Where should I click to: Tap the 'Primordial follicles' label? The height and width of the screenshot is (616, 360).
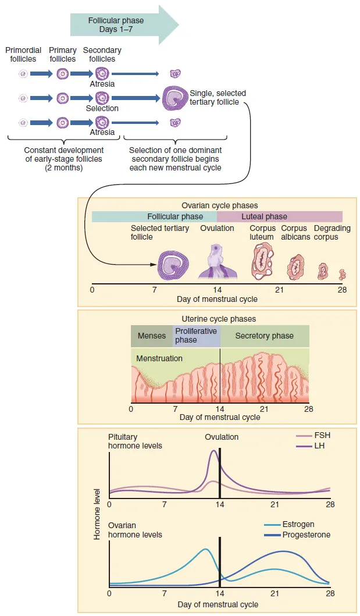[23, 55]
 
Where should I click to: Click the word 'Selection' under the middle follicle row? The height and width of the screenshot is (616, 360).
[102, 108]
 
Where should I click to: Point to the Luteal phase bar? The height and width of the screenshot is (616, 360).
[279, 216]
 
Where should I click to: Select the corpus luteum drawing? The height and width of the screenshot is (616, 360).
[262, 260]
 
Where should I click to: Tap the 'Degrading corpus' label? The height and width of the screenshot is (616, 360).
[332, 233]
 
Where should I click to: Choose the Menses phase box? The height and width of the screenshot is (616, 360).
[152, 336]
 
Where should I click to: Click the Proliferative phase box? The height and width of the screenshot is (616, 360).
[196, 336]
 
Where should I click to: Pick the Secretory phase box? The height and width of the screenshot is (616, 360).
[265, 336]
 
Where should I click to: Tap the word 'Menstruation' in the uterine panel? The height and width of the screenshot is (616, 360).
[159, 358]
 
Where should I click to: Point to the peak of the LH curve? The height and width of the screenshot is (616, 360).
[214, 451]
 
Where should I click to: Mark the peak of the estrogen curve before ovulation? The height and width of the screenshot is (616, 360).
[205, 549]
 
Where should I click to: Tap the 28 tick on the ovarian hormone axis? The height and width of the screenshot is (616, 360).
[330, 594]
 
